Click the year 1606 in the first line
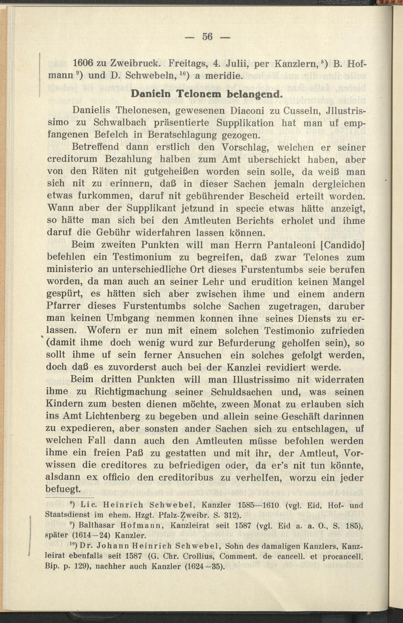83,63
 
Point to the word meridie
222,75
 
